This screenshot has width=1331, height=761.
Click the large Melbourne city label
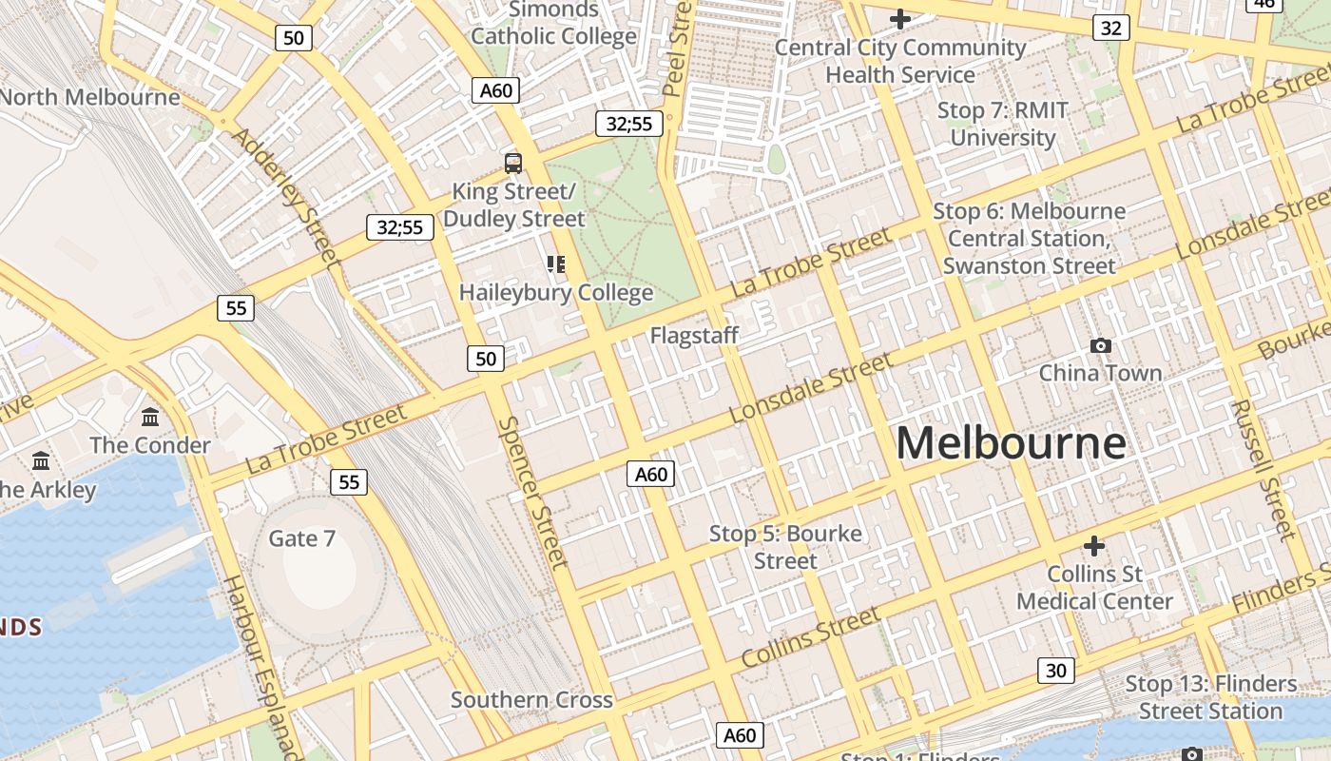pos(1011,444)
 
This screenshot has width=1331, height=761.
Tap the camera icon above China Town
pos(1101,345)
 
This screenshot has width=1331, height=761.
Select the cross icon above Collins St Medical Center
pos(1094,546)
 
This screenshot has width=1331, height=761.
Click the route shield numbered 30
pos(1055,671)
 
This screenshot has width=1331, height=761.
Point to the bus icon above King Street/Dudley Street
pos(513,163)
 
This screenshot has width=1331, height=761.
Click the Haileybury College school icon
pos(556,263)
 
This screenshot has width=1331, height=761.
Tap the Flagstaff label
pos(694,335)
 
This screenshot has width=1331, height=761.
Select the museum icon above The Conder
pos(150,417)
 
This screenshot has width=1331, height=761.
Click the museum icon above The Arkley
pos(41,461)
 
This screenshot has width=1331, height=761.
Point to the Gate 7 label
pos(302,538)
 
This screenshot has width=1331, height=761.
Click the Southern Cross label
pos(531,700)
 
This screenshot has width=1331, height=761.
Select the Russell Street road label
pos(1263,468)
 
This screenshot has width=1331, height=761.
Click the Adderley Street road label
pos(285,198)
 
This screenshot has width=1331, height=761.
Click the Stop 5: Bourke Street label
pos(785,547)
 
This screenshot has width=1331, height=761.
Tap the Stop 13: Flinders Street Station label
pos(1210,697)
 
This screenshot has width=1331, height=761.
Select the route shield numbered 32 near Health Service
pos(1110,28)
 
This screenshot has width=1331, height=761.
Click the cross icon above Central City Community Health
pos(899,18)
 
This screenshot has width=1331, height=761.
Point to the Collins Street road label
pos(811,637)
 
